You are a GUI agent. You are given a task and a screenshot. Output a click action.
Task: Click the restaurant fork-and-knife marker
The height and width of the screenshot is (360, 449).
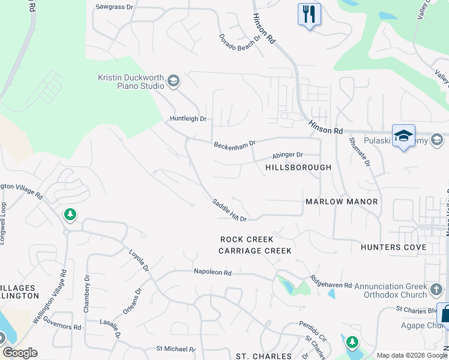(x=309, y=14)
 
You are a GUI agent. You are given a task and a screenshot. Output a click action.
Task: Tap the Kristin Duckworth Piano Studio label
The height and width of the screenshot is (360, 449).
(x=131, y=81)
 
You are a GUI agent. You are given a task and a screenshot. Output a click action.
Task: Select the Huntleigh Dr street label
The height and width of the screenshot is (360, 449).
(x=187, y=119)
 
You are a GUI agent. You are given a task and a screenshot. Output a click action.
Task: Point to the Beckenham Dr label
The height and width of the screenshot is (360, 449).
(x=235, y=145)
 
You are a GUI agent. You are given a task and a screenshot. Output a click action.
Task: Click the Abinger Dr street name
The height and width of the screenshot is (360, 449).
(x=288, y=155)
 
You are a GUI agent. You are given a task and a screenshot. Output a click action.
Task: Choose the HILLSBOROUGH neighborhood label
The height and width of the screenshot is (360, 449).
(x=298, y=167)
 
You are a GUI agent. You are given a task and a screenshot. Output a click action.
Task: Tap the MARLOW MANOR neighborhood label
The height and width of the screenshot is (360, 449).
(x=342, y=202)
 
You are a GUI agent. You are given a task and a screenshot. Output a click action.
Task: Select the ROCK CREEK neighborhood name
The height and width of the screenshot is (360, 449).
(x=247, y=239)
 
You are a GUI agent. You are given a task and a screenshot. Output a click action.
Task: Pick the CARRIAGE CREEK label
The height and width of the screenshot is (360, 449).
(x=255, y=251)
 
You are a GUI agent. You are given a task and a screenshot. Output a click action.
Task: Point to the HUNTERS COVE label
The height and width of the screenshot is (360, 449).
(x=393, y=247)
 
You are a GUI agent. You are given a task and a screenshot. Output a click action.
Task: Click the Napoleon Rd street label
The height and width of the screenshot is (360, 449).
(x=212, y=272)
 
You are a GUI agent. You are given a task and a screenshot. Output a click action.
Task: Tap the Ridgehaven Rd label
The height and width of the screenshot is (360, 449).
(x=331, y=282)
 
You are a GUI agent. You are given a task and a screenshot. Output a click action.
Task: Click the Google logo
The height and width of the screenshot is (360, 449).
(x=20, y=353)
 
